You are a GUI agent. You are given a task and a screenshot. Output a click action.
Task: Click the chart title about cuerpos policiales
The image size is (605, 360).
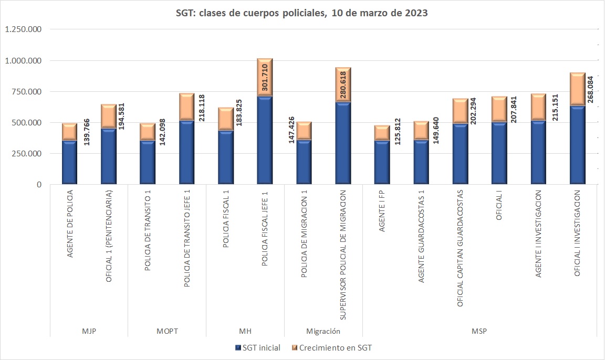[x=302, y=14]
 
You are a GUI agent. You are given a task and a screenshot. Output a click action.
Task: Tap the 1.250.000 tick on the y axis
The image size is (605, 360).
[x=24, y=29]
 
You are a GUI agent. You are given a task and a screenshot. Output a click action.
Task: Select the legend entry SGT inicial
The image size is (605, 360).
[x=258, y=347]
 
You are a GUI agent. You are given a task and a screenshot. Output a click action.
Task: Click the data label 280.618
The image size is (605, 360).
[x=343, y=86]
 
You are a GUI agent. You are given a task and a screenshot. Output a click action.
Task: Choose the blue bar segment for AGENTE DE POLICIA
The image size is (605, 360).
[x=69, y=163]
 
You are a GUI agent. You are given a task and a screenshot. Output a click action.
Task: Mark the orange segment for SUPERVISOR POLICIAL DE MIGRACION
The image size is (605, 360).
[x=343, y=84]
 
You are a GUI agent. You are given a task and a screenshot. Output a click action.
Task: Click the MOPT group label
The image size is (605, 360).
[x=167, y=331]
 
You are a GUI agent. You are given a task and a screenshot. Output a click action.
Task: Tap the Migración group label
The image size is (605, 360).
[x=323, y=331]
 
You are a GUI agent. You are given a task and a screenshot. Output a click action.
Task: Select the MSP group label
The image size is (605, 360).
[x=479, y=331]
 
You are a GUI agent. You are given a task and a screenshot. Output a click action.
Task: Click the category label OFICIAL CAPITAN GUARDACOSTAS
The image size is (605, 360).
[x=461, y=248]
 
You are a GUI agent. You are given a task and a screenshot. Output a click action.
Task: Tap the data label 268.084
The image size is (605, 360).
[x=590, y=90]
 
